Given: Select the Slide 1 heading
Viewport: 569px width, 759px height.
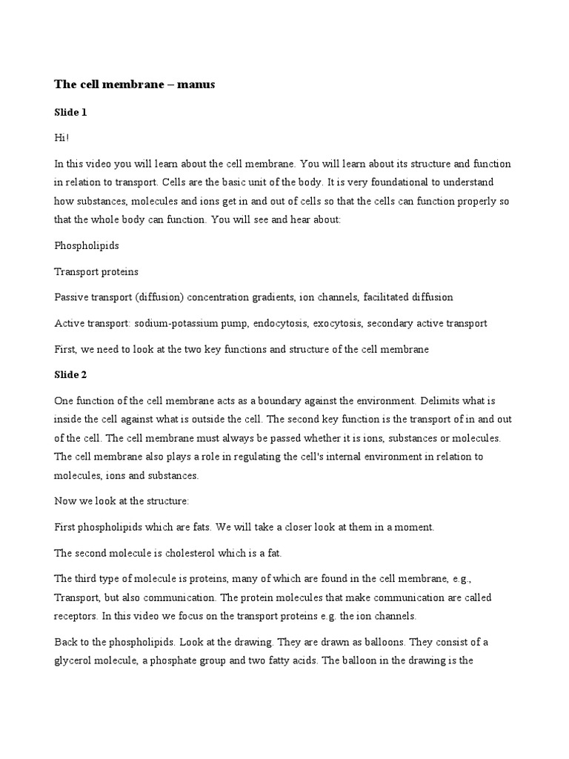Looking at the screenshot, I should click(70, 112).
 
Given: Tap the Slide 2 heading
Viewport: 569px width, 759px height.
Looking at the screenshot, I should click(71, 375).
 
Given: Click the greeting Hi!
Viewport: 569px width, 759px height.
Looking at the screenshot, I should click(61, 137).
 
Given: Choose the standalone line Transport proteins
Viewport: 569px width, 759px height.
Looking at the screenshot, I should click(96, 271).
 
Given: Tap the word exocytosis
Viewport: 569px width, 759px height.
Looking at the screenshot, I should click(337, 323).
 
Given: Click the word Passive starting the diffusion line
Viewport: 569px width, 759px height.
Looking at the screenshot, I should click(73, 296).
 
